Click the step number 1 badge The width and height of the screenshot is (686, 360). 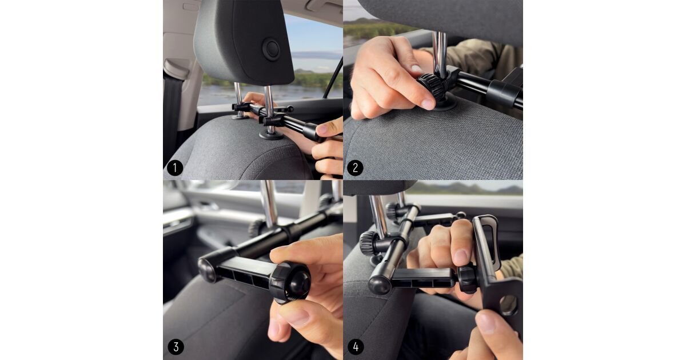pos(175,168)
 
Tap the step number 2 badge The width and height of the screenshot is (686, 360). pos(355,168)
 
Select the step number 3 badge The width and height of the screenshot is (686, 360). pos(176,347)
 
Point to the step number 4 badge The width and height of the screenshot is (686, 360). pos(356,347)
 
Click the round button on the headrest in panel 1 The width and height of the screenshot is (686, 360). pos(272,49)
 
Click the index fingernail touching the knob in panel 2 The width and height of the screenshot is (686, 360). pos(427,104)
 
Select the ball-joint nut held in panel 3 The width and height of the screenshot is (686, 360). pos(289,282)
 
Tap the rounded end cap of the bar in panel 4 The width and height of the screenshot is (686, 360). pos(379,285)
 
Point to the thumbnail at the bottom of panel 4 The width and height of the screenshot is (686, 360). pos(486,323)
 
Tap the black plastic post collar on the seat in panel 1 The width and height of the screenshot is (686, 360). pos(271,135)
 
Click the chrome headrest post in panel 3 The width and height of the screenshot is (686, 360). pos(269,203)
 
